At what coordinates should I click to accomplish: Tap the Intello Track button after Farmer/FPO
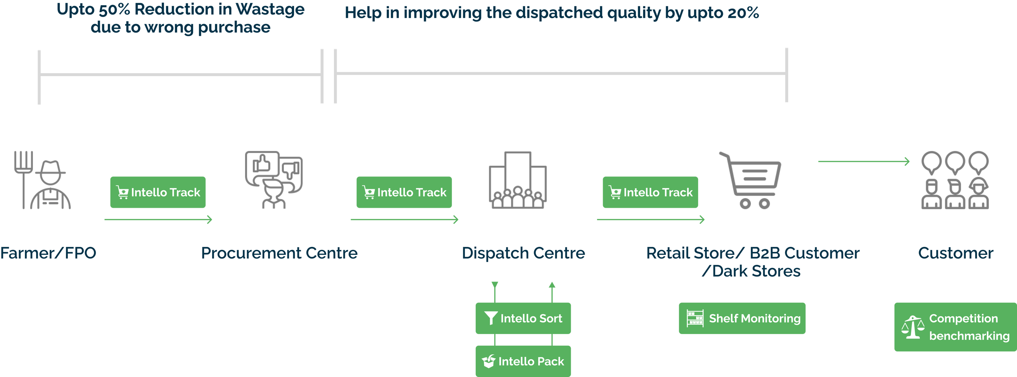pos(158,192)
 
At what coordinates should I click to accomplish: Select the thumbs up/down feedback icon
pos(274,179)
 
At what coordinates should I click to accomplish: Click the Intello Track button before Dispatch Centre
pos(404,192)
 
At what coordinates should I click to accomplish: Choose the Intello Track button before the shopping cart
pos(650,192)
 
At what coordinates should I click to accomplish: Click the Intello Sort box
pos(523,318)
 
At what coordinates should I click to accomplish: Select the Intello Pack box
pos(523,361)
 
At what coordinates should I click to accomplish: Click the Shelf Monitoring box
pos(742,318)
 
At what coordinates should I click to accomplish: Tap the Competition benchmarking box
pos(955,327)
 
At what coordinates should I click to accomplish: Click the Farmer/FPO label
pos(48,253)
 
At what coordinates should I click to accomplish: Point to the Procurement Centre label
pos(279,253)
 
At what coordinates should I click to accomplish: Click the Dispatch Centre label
pos(523,253)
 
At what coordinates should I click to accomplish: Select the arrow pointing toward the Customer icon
pos(864,161)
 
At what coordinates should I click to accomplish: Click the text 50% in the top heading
pos(114,10)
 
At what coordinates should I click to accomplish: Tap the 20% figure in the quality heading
pos(743,13)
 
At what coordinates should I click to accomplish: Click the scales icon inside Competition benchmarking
pos(913,327)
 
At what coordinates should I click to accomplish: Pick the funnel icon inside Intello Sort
pos(491,318)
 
